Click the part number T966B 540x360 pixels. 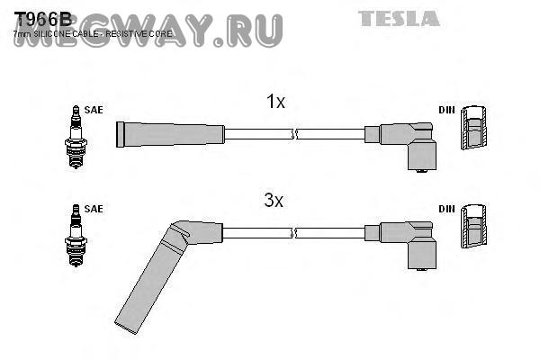[41, 18]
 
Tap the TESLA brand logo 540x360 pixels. [400, 18]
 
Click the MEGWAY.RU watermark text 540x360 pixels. [148, 31]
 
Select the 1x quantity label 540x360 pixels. [275, 103]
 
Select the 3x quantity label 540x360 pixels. [274, 202]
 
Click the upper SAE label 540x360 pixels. [94, 110]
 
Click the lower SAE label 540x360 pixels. [94, 209]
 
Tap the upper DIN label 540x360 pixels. [446, 110]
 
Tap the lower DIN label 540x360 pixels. [446, 209]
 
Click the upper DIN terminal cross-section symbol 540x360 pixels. [473, 131]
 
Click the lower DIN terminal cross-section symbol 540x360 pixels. [473, 230]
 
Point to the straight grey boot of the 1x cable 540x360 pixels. [171, 134]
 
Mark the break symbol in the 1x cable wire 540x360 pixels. [295, 134]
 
